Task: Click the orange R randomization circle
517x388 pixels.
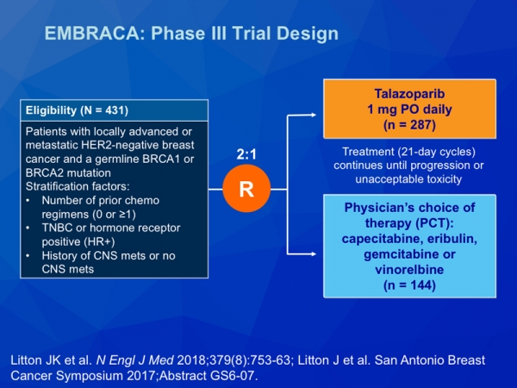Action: pyautogui.click(x=246, y=188)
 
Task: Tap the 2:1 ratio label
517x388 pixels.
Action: pyautogui.click(x=246, y=154)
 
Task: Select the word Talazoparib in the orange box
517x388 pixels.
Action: pyautogui.click(x=409, y=94)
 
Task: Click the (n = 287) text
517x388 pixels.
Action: pyautogui.click(x=409, y=125)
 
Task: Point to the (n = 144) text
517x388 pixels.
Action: pyautogui.click(x=409, y=285)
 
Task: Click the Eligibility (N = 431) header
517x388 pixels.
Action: pyautogui.click(x=77, y=110)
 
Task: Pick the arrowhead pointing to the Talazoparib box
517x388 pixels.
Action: pyautogui.click(x=312, y=115)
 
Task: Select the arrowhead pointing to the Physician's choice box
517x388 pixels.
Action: pyautogui.click(x=312, y=253)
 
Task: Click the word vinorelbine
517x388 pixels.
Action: pyautogui.click(x=409, y=269)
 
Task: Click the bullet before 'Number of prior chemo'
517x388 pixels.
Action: pyautogui.click(x=28, y=200)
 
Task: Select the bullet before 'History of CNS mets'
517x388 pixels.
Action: pyautogui.click(x=28, y=256)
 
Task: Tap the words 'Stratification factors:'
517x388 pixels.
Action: pyautogui.click(x=78, y=186)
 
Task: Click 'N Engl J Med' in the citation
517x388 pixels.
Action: pyautogui.click(x=135, y=360)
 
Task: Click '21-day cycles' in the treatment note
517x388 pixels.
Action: pyautogui.click(x=435, y=152)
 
